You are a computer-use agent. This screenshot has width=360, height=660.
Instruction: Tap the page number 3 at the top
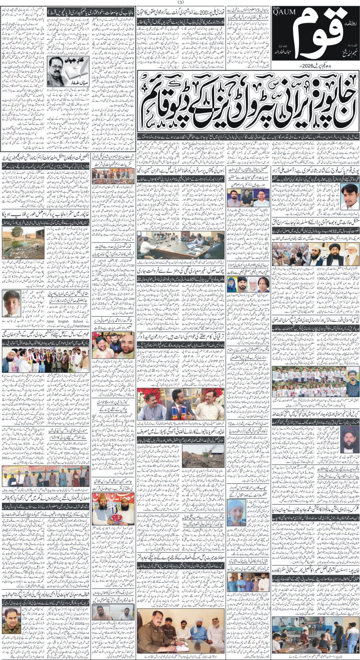coord(180,3)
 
